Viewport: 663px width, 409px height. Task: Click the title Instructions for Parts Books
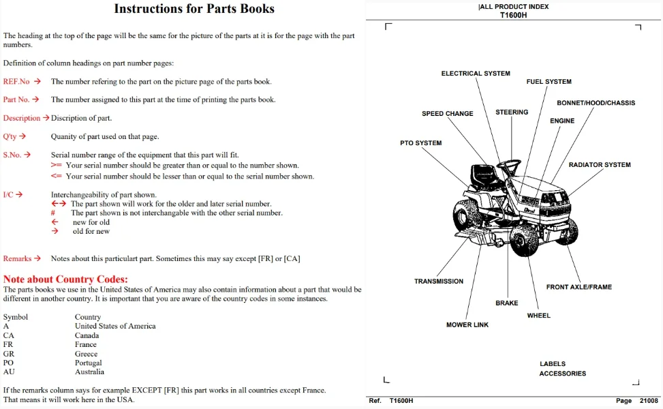[x=194, y=9]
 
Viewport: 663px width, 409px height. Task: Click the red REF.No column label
[x=16, y=82]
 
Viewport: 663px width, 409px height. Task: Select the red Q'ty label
[x=10, y=136]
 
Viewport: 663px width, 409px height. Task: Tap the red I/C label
[x=8, y=194]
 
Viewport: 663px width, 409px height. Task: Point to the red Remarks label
[x=17, y=258]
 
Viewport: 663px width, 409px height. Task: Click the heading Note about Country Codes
[x=65, y=279]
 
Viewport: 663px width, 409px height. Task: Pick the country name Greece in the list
[x=87, y=354]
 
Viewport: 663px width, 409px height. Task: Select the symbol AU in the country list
[x=9, y=372]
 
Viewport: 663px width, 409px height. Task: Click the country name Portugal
[x=89, y=363]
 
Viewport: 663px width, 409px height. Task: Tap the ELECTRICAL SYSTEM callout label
[x=476, y=73]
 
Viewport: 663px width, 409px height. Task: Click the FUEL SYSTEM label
[x=549, y=82]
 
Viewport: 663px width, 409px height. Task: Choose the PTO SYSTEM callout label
[x=420, y=143]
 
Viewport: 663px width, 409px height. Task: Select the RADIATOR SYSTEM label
[x=600, y=164]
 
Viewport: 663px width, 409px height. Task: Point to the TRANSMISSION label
[x=438, y=282]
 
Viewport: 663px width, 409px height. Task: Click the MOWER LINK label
[x=467, y=325]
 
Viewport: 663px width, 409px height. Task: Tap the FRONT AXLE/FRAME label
[x=579, y=287]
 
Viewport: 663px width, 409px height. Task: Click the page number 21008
[x=649, y=401]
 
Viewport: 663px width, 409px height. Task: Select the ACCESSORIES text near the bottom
[x=562, y=374]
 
